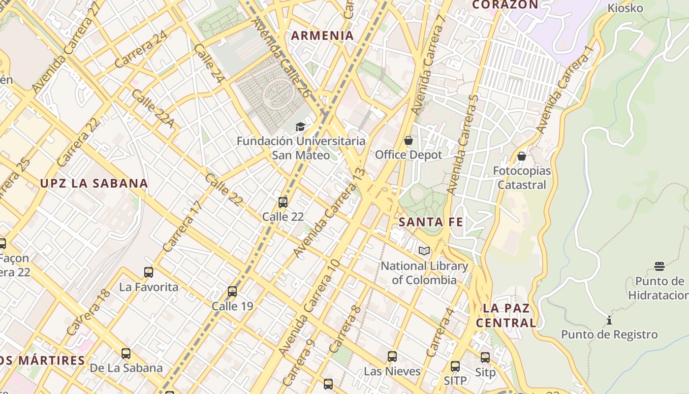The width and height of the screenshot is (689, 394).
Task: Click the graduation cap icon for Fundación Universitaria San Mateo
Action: click(300, 127)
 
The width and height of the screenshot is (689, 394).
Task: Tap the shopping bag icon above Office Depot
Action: click(408, 141)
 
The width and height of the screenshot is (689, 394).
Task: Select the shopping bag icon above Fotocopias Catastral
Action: click(521, 157)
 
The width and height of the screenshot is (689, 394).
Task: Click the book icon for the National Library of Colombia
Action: click(424, 251)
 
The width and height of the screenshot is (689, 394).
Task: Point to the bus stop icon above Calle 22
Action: click(282, 202)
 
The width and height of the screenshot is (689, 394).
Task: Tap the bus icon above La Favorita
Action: click(148, 272)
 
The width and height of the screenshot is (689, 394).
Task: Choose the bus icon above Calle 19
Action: click(232, 292)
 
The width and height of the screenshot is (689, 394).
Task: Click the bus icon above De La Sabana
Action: click(125, 353)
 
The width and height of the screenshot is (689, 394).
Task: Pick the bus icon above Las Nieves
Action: click(392, 356)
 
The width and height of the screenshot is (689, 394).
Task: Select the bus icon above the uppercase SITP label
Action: click(455, 366)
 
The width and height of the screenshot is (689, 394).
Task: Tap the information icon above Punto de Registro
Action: click(609, 320)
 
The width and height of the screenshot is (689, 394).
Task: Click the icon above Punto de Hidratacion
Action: click(659, 266)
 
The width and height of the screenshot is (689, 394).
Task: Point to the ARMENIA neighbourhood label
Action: click(322, 35)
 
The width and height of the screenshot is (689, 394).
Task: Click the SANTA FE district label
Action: click(431, 222)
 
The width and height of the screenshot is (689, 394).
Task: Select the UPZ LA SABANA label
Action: click(94, 183)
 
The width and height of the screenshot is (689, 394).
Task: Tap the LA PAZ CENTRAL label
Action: click(506, 315)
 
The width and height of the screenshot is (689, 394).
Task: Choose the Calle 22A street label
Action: click(153, 108)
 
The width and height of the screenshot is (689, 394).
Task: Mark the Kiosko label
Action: click(625, 8)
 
